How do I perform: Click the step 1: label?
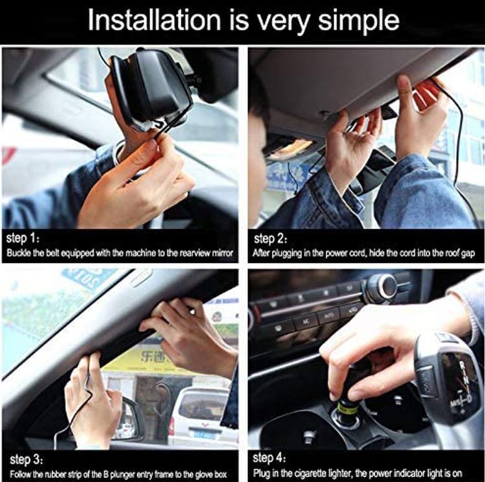tap(24, 237)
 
